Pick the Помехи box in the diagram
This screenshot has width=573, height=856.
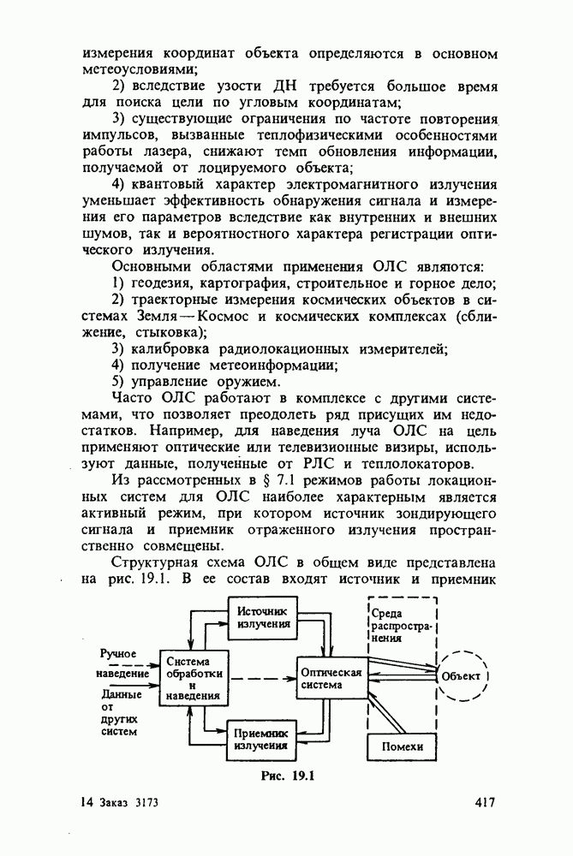click(400, 747)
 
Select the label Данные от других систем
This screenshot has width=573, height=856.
click(118, 712)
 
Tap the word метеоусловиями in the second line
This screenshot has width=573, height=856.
click(139, 68)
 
